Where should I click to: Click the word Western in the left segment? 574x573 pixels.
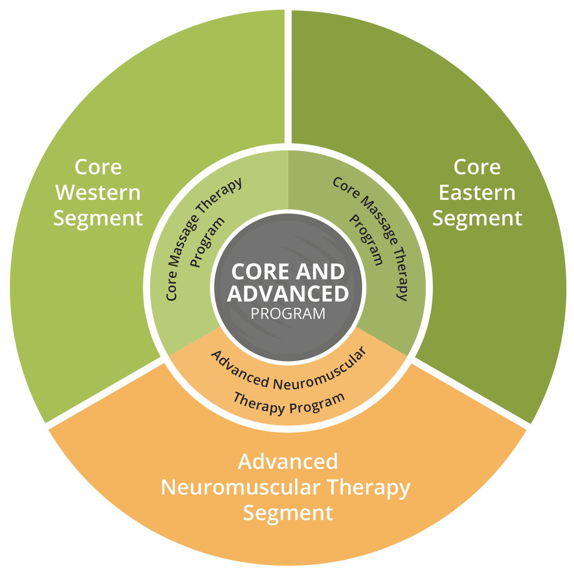click(x=98, y=193)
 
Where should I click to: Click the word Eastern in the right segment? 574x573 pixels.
click(x=477, y=193)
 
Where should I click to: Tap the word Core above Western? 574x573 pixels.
click(x=98, y=167)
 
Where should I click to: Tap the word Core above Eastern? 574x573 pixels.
click(x=477, y=167)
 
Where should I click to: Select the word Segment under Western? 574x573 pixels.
click(x=98, y=219)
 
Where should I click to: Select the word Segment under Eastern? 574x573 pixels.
click(x=477, y=219)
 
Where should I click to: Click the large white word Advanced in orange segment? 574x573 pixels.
click(x=288, y=461)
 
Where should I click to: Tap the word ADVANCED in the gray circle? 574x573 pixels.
click(x=288, y=293)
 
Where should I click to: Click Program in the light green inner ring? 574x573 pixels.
click(x=207, y=242)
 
